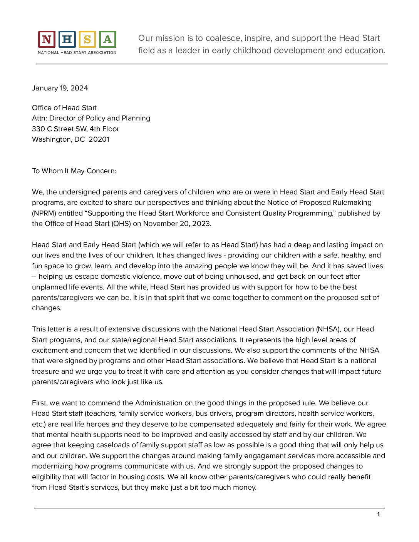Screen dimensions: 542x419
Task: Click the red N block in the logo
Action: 47,39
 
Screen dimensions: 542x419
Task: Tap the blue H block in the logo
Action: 67,39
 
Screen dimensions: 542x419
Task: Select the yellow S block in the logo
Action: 87,39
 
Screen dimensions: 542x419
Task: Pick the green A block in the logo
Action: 107,39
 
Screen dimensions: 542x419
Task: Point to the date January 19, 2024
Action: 60,88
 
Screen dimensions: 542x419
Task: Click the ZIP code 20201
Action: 99,139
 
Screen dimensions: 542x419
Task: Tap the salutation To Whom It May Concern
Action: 74,171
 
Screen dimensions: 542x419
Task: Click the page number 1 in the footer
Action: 379,514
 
